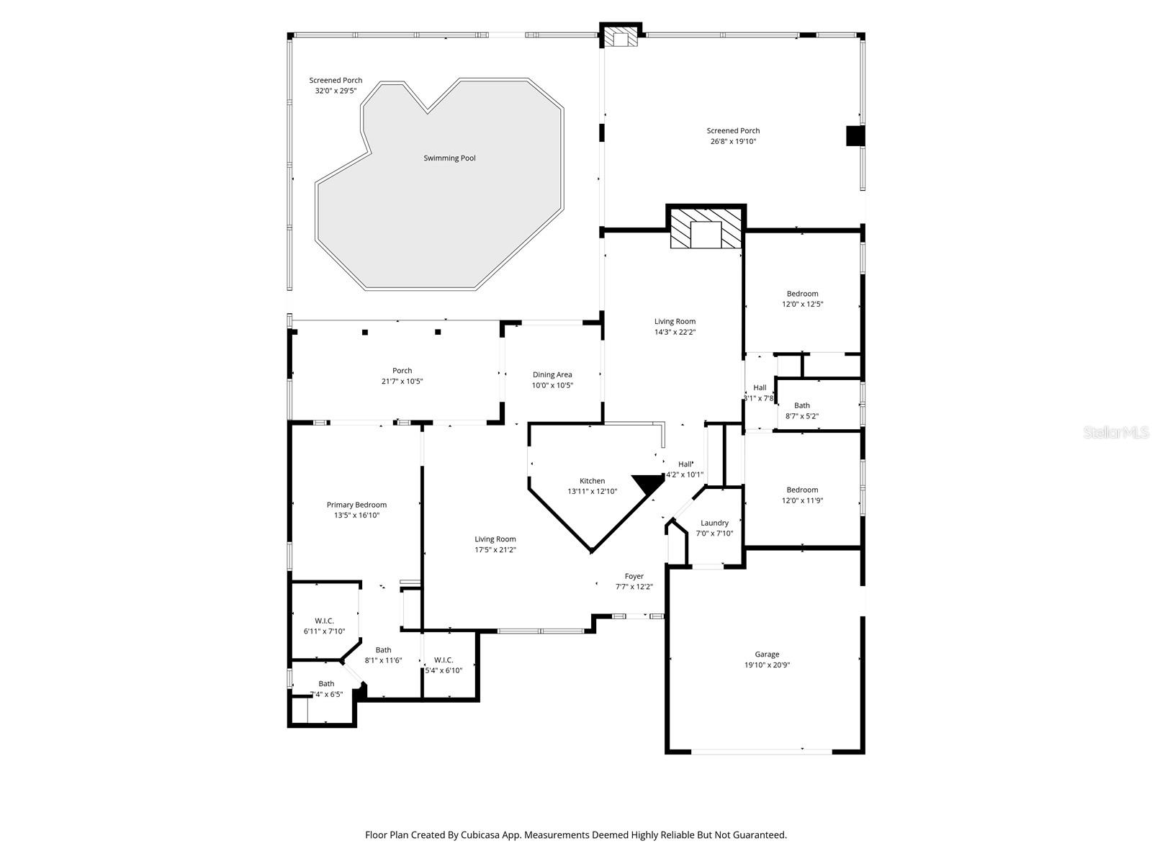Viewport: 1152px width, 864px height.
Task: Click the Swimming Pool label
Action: click(449, 158)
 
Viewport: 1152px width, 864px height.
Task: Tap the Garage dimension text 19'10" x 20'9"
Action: click(767, 665)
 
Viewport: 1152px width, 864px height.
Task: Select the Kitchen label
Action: click(593, 481)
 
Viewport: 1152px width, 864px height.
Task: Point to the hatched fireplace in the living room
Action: click(706, 229)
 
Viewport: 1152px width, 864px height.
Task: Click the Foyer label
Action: click(634, 576)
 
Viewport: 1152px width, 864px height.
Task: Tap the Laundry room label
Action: click(714, 523)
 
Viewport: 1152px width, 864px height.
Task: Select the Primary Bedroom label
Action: click(356, 505)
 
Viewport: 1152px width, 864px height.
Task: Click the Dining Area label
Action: click(552, 374)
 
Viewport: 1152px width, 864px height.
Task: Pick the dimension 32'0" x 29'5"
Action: click(336, 91)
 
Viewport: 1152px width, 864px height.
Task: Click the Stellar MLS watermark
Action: click(1117, 433)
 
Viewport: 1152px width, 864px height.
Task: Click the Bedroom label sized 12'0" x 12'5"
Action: click(802, 294)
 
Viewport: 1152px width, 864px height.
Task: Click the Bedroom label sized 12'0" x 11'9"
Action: click(802, 490)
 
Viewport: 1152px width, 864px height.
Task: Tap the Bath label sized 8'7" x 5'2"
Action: click(802, 405)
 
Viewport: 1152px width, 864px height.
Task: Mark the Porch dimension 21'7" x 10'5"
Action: click(402, 382)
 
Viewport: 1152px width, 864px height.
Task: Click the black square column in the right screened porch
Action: click(855, 136)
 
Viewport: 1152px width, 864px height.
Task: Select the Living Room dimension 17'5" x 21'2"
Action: click(495, 550)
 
